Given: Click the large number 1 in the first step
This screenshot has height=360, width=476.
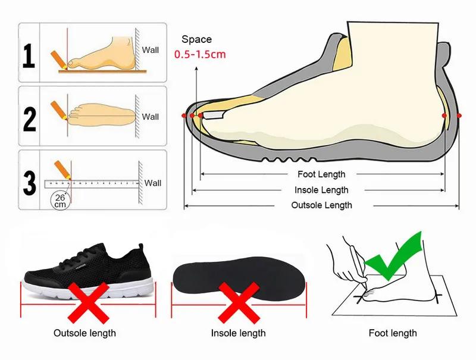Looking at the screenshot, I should tap(29, 55).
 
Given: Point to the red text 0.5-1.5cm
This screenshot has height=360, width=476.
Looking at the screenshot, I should tap(200, 54).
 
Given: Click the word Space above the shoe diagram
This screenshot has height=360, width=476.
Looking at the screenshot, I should tap(196, 39).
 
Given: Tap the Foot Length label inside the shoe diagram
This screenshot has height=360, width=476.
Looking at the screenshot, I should tap(321, 174).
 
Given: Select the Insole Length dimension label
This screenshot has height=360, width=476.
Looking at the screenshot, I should tap(321, 190).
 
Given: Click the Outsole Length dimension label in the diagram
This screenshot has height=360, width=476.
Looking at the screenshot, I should tap(321, 205).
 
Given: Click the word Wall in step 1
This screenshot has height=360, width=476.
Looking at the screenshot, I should tap(151, 50).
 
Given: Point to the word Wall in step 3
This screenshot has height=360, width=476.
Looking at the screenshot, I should tap(153, 183).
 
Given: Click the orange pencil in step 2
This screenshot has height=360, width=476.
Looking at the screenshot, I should tap(58, 109).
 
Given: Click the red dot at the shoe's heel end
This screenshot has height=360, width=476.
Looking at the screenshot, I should tap(459, 115).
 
